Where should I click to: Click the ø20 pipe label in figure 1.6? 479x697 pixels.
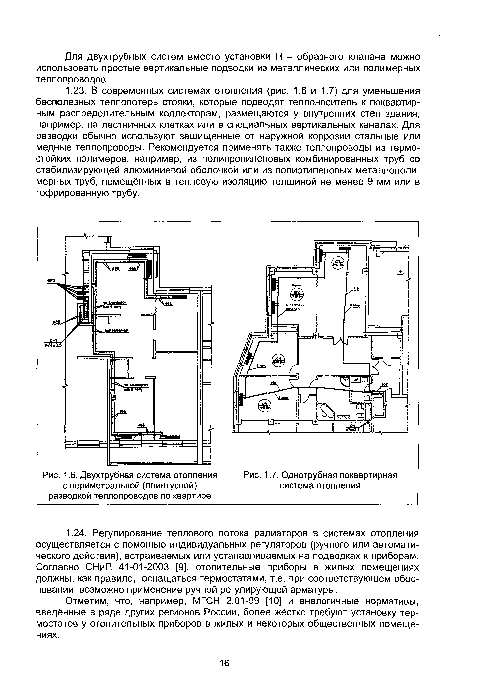click(115, 269)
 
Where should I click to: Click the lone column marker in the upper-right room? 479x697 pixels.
click(400, 272)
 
